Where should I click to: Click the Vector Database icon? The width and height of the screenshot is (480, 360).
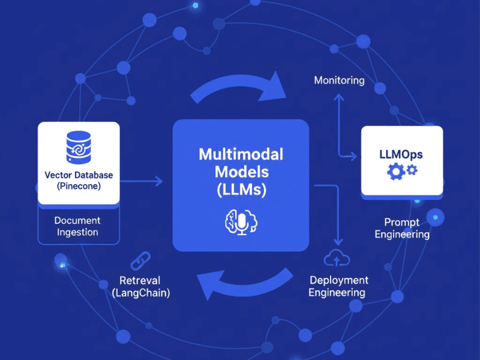tap(79, 147)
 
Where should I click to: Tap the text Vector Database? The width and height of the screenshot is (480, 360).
tap(79, 175)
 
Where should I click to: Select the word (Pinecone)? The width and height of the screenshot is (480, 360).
tap(79, 187)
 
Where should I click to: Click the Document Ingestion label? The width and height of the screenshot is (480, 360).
tap(77, 226)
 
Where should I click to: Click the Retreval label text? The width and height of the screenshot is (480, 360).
tap(140, 280)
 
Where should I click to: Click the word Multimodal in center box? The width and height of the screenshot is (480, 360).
tap(241, 154)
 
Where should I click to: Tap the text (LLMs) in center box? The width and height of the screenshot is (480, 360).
tap(241, 190)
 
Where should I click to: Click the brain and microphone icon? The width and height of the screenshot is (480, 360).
tap(241, 222)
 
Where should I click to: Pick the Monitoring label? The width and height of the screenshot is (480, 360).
tap(339, 80)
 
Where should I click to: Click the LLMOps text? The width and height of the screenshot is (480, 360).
tap(401, 154)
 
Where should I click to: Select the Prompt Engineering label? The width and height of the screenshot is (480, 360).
tap(402, 227)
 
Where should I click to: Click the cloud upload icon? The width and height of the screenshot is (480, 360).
tap(336, 259)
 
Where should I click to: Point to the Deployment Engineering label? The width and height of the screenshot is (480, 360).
tap(338, 286)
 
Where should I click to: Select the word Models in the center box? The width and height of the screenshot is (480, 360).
tap(241, 172)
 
